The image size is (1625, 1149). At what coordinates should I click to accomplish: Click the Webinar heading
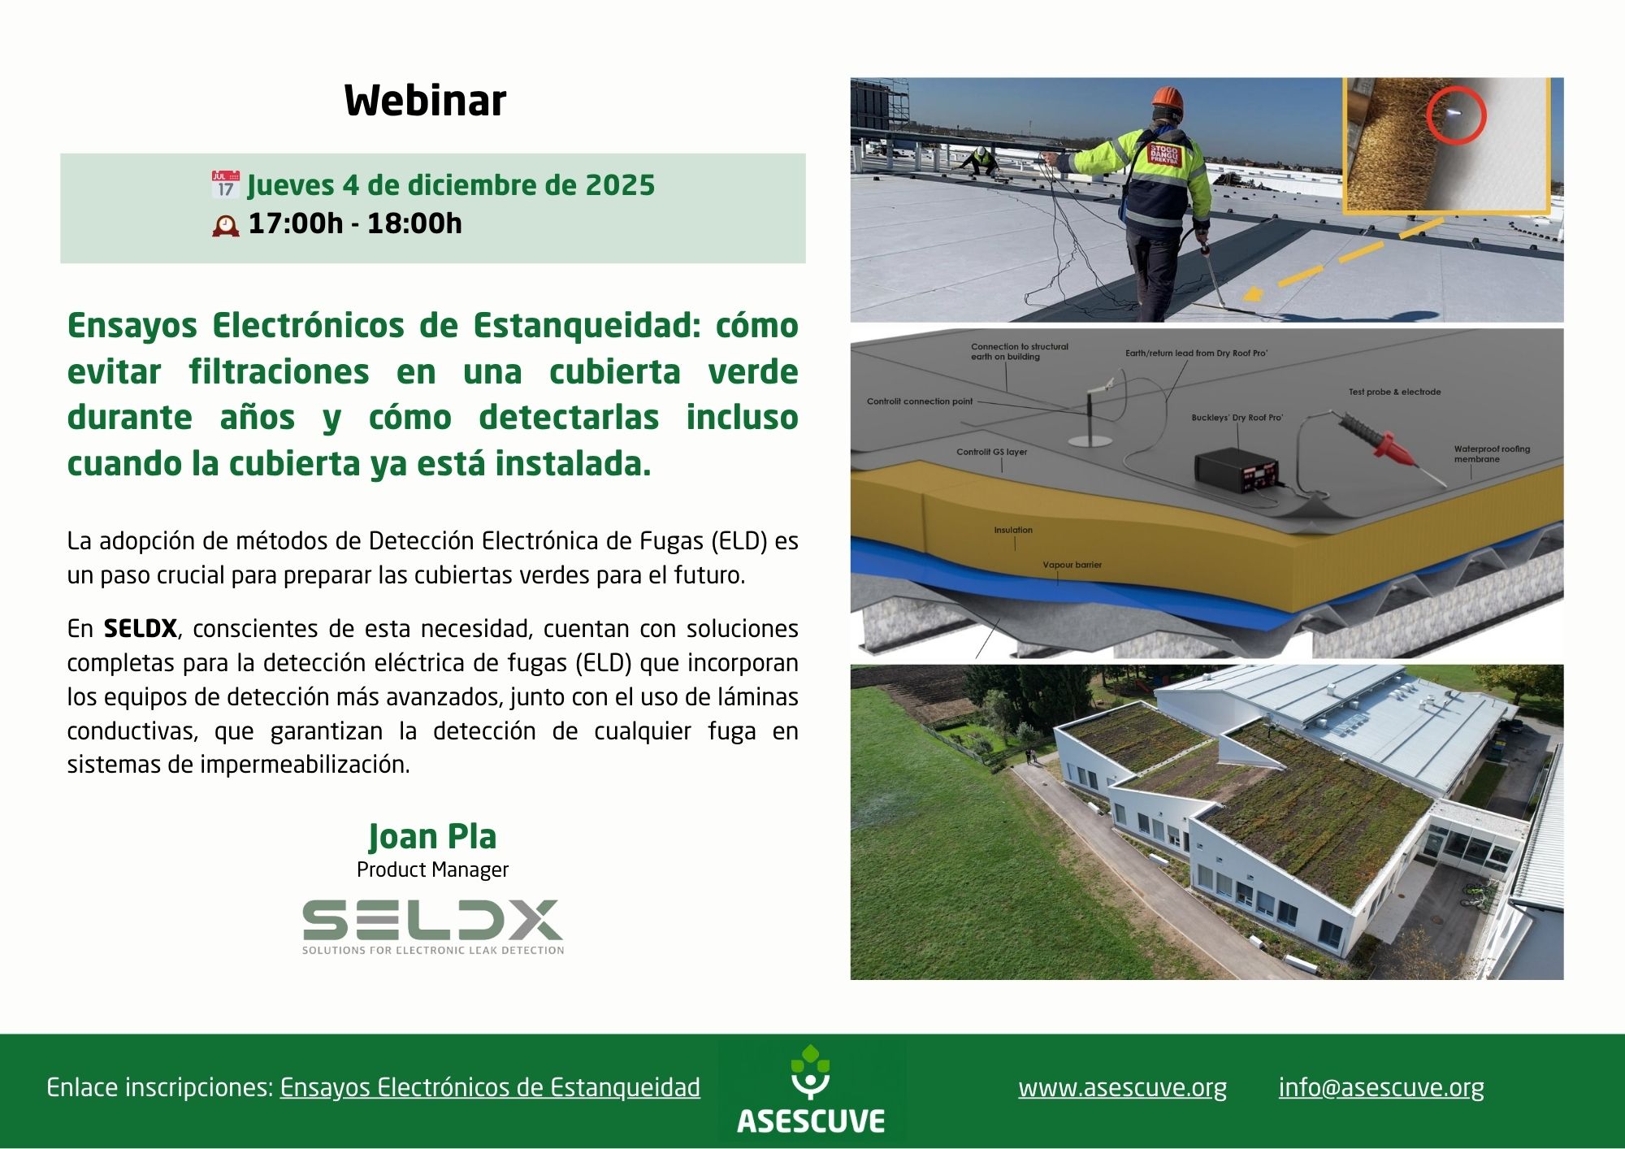click(x=425, y=101)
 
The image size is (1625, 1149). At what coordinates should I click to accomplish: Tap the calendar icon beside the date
click(x=225, y=185)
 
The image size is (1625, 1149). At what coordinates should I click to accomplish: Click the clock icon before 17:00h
click(x=226, y=225)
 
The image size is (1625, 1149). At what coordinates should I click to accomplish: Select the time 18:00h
click(x=414, y=223)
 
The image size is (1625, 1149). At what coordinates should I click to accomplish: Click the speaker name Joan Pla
click(x=432, y=836)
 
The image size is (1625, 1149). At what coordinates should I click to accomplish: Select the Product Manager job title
click(x=432, y=869)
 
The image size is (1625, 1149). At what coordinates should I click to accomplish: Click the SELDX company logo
click(x=432, y=926)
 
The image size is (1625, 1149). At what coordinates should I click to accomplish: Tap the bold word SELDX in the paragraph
click(x=140, y=629)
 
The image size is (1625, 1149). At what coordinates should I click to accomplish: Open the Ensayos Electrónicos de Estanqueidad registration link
click(x=490, y=1087)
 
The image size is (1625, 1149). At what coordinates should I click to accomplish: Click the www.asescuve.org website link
click(x=1122, y=1087)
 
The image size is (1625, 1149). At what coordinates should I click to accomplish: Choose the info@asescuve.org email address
click(x=1381, y=1087)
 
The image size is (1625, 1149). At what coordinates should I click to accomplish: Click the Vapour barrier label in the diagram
click(x=1072, y=565)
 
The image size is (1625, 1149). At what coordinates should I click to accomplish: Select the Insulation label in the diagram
click(x=1013, y=530)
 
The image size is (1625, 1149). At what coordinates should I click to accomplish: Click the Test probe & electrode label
click(x=1394, y=392)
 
